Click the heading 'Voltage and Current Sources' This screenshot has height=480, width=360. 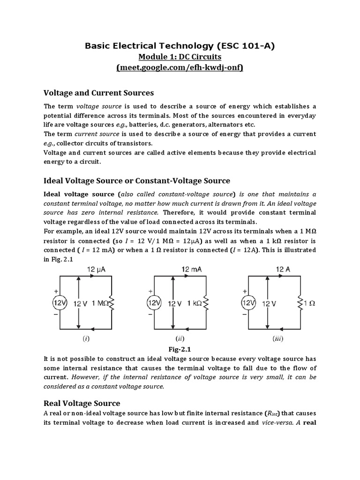pos(98,93)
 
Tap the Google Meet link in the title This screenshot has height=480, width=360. pos(180,68)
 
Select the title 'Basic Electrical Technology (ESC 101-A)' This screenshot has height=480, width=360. pos(180,46)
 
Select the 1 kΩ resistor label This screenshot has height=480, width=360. pos(193,303)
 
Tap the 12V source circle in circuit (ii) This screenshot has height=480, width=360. pos(153,303)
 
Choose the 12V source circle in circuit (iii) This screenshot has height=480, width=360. pos(247,303)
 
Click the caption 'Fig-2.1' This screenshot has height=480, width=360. pos(180,349)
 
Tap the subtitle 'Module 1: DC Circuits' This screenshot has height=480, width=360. pos(180,57)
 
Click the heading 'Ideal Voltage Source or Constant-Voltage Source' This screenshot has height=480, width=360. pos(137,180)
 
